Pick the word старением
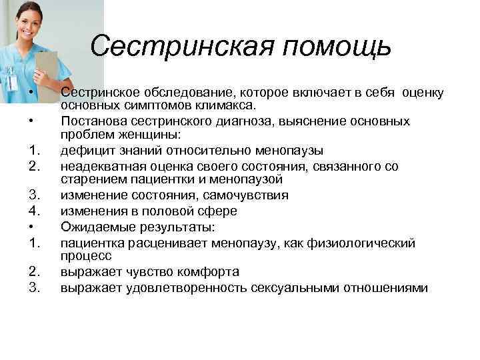click(90, 179)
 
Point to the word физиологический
click(363, 242)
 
